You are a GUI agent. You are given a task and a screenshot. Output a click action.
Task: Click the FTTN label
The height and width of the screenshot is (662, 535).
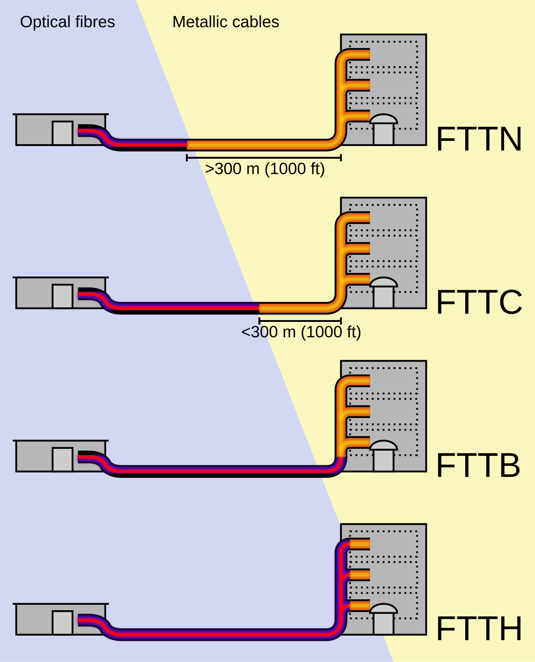[x=479, y=139]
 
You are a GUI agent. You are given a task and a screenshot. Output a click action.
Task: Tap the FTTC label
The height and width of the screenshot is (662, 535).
[x=479, y=302]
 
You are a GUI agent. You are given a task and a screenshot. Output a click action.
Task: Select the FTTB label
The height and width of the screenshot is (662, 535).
[x=478, y=465]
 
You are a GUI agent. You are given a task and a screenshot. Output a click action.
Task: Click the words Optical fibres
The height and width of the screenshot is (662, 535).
[x=67, y=22]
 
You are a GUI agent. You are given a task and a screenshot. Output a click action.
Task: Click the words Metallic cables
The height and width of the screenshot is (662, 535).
[x=226, y=22]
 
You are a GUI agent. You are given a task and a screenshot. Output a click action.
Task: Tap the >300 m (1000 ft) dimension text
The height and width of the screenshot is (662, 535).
[x=265, y=169]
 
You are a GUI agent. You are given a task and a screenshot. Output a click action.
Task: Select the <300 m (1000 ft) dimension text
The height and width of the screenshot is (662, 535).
[x=301, y=332]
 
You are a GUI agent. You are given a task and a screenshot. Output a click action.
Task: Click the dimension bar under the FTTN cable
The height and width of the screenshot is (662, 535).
[x=264, y=158]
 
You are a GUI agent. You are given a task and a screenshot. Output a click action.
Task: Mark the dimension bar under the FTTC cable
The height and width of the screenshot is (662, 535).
[x=300, y=321]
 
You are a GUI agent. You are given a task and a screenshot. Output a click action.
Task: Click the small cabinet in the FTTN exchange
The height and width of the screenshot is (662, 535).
[x=63, y=133]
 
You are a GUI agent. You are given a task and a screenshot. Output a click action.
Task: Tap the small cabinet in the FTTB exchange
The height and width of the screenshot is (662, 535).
[x=63, y=459]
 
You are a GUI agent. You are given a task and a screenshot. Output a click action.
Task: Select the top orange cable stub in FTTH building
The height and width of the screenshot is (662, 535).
[x=360, y=544]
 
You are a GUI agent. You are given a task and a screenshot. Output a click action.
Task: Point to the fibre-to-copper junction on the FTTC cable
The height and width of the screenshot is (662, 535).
[x=259, y=308]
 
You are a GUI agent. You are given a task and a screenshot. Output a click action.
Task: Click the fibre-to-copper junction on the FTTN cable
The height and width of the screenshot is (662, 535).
[x=187, y=145]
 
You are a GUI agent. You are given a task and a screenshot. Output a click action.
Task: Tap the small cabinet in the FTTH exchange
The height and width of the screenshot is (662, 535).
[x=63, y=622]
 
